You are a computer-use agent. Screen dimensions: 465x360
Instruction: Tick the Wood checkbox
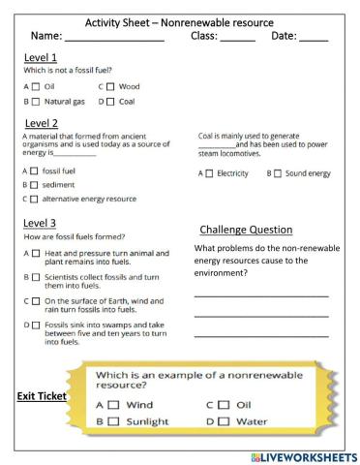pyautogui.click(x=109, y=86)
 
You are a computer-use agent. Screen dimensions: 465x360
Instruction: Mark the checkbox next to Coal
pyautogui.click(x=109, y=101)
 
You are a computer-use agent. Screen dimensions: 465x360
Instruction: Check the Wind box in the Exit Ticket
pyautogui.click(x=112, y=404)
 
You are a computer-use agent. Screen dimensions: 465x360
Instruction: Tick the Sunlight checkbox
pyautogui.click(x=112, y=421)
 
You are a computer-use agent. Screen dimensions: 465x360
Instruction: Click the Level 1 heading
pyautogui.click(x=40, y=57)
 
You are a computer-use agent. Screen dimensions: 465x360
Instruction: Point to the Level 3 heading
pyautogui.click(x=40, y=222)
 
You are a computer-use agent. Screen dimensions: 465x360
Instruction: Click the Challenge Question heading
pyautogui.click(x=246, y=230)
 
